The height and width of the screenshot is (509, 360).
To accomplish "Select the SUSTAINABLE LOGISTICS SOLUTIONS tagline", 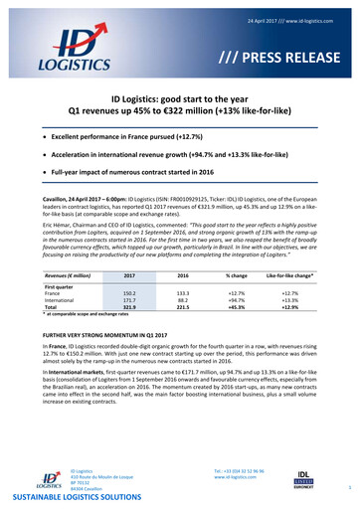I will click(87, 496).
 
